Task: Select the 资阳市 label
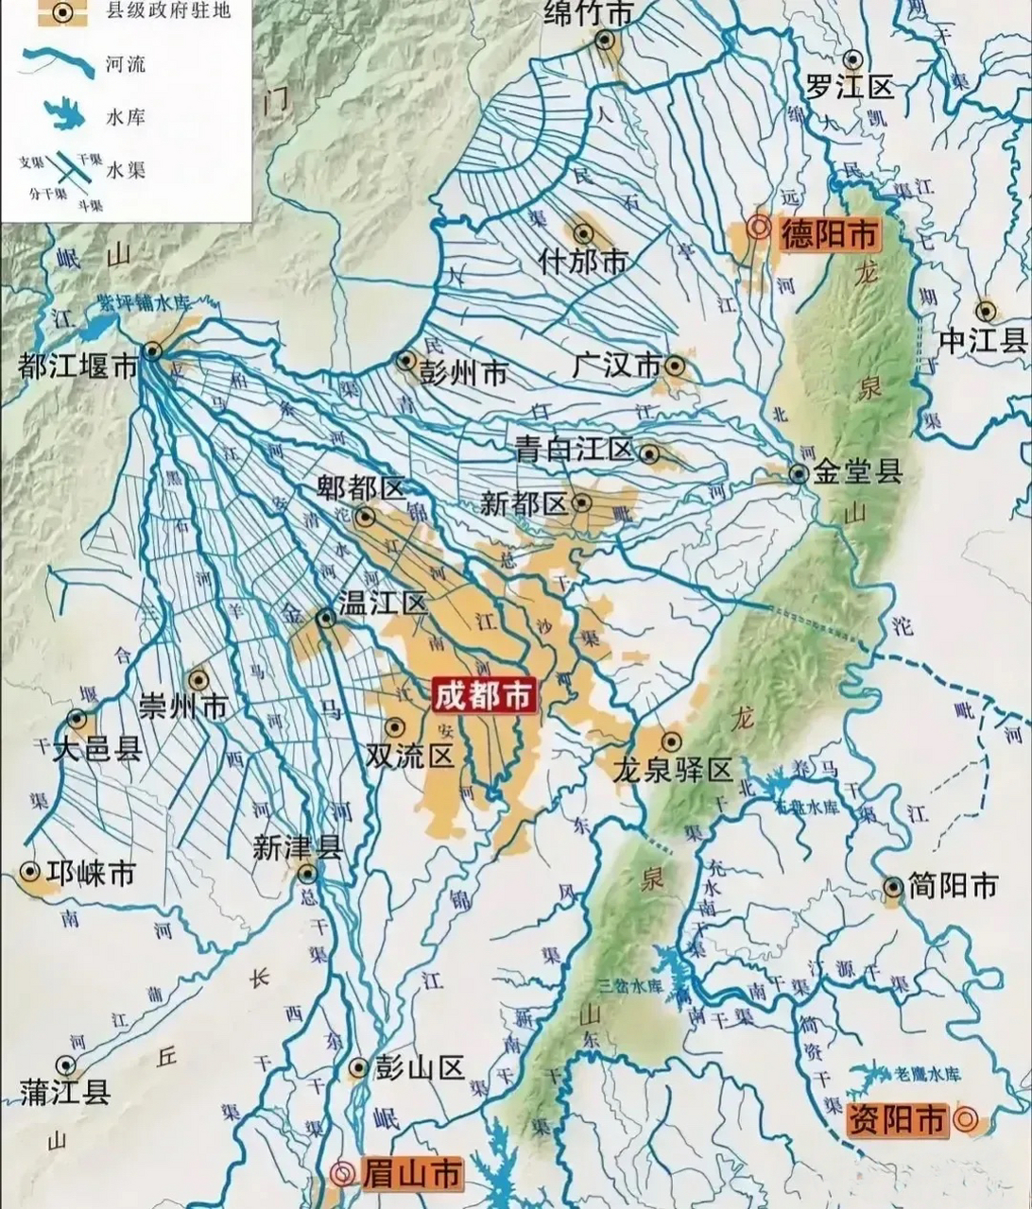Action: pyautogui.click(x=896, y=1119)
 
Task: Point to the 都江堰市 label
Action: pyautogui.click(x=78, y=368)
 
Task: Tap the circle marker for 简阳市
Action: pyautogui.click(x=893, y=886)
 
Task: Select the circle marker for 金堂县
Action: pyautogui.click(x=800, y=474)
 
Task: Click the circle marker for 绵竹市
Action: pyautogui.click(x=605, y=40)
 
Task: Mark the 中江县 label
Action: pyautogui.click(x=983, y=340)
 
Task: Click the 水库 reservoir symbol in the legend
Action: pyautogui.click(x=59, y=117)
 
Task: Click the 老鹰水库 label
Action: pyautogui.click(x=927, y=1074)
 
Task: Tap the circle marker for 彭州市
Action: pyautogui.click(x=406, y=360)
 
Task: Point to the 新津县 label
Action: pyautogui.click(x=297, y=847)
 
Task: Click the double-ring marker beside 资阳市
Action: pyautogui.click(x=965, y=1119)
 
